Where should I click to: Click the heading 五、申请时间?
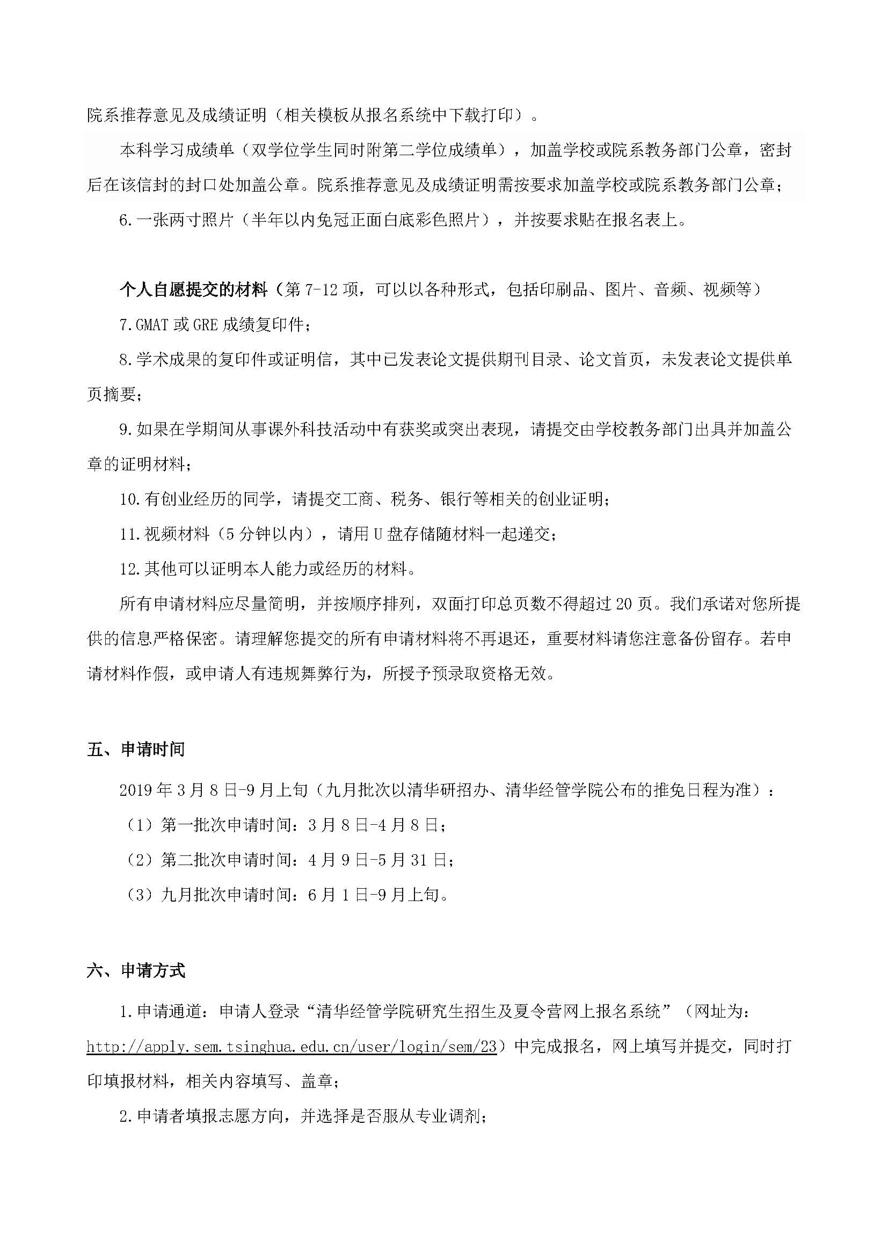click(x=136, y=750)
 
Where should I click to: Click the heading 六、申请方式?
click(x=136, y=970)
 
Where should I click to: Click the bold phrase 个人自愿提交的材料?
click(x=193, y=289)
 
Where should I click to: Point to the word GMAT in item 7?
click(x=152, y=324)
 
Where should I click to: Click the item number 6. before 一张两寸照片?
click(x=126, y=220)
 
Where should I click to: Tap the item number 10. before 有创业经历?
click(x=130, y=499)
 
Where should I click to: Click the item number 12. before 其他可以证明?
click(x=130, y=569)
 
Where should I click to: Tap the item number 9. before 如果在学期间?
click(x=126, y=430)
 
